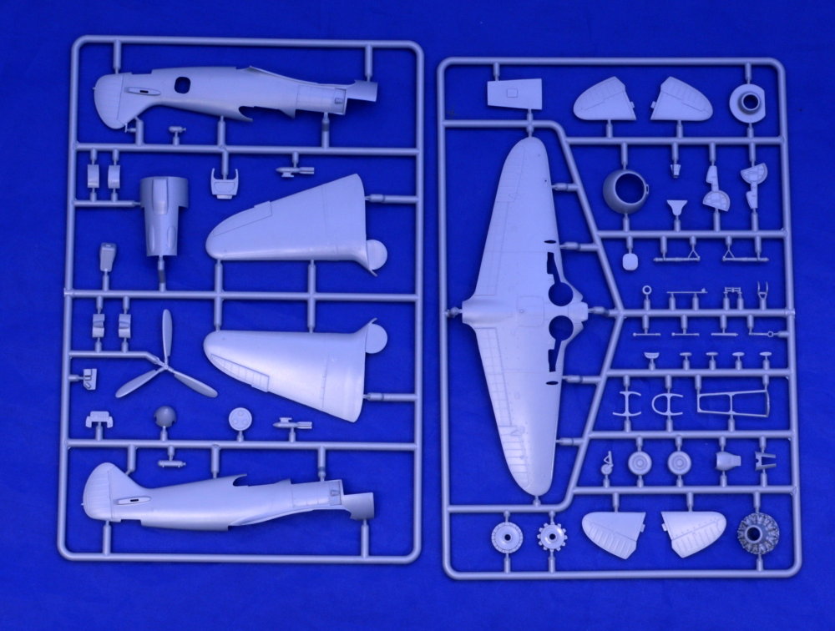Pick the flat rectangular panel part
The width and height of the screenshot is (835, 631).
(508, 94)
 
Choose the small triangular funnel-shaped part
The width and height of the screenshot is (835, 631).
(675, 206)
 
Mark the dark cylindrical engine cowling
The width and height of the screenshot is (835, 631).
(164, 215)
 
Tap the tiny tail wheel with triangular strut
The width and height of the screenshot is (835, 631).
(607, 464)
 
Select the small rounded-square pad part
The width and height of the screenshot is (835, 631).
(630, 260)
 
